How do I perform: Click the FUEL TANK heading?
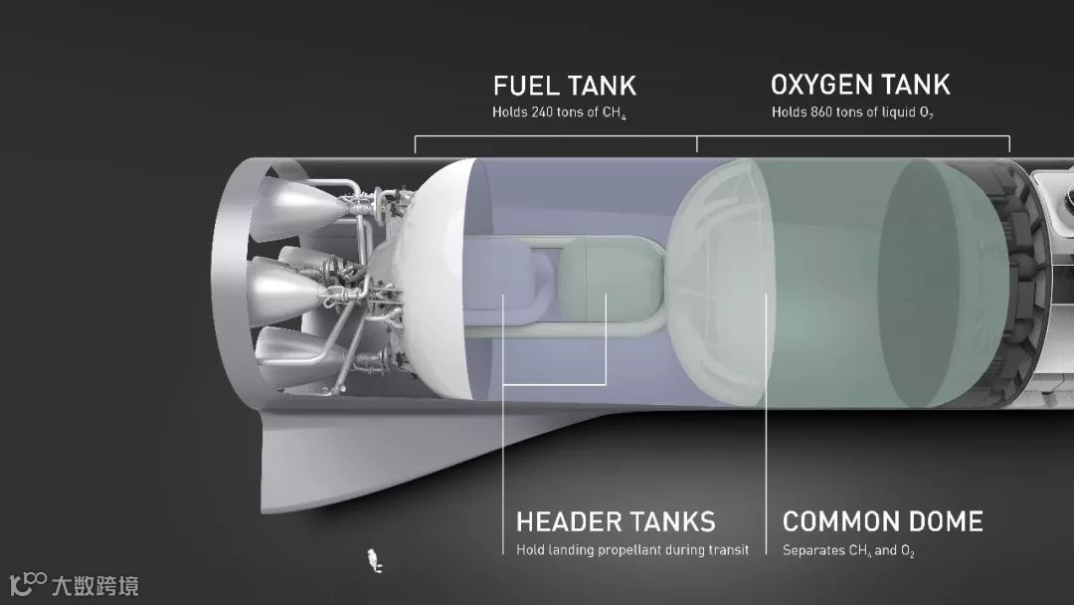point(564,86)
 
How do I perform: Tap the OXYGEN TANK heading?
point(860,85)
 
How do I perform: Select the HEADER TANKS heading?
point(616,521)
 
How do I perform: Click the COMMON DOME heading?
point(882,521)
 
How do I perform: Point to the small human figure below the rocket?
point(374,560)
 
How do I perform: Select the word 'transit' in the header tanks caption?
point(730,549)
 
